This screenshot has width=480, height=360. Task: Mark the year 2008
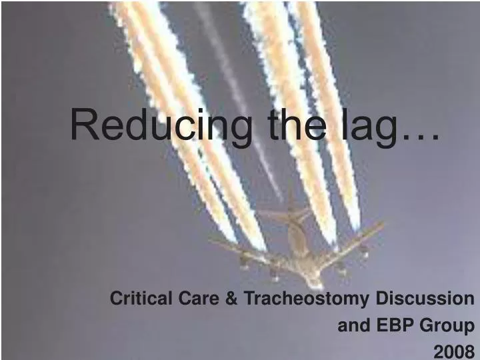pyautogui.click(x=453, y=351)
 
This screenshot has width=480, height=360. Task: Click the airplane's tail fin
pyautogui.click(x=291, y=212)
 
